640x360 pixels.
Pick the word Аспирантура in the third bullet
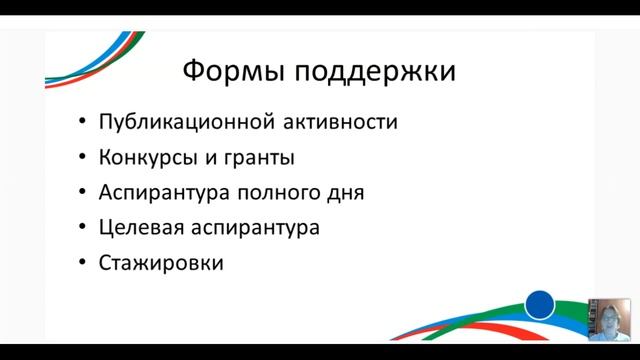pos(164,193)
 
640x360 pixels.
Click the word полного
pos(280,193)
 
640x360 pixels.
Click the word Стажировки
pos(160,264)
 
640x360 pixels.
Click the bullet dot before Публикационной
pos(81,124)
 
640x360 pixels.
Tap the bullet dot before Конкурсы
pos(81,159)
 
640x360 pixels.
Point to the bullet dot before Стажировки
pos(81,265)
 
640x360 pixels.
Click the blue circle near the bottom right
pos(540,304)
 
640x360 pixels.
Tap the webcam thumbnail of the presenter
pos(609,319)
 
